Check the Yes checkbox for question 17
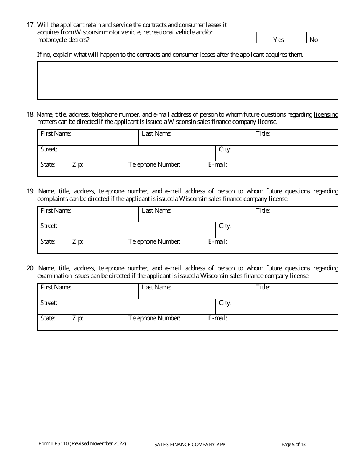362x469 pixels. click(264, 38)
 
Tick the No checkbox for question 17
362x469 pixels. click(299, 38)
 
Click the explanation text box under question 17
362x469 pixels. click(187, 80)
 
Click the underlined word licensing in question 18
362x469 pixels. click(326, 114)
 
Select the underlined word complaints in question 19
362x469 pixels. click(53, 199)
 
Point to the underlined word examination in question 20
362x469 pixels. click(54, 276)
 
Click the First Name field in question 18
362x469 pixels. click(88, 138)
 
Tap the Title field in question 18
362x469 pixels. click(295, 138)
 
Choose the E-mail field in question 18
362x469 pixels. click(271, 169)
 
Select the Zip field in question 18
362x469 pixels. click(97, 169)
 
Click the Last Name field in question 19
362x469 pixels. click(195, 214)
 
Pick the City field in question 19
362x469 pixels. click(277, 230)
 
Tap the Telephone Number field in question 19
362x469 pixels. click(165, 246)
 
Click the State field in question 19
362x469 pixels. click(53, 246)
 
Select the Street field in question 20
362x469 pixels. click(127, 307)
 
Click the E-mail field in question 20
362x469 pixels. click(271, 322)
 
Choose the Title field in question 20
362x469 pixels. click(295, 291)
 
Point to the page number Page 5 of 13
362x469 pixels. click(293, 444)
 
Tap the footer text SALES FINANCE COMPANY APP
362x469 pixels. click(190, 445)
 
